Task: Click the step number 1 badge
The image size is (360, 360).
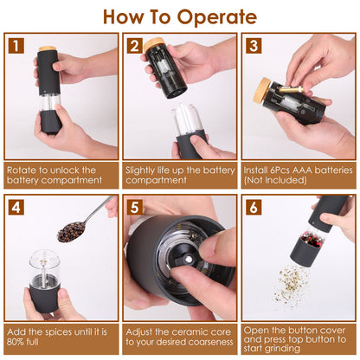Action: point(16,46)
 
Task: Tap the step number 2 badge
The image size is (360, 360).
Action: point(135,46)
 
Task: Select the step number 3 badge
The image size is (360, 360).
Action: point(254,46)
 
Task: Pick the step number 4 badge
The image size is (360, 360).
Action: point(16,208)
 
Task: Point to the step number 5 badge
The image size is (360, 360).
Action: point(135,208)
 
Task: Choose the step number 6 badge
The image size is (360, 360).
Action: point(254,208)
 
